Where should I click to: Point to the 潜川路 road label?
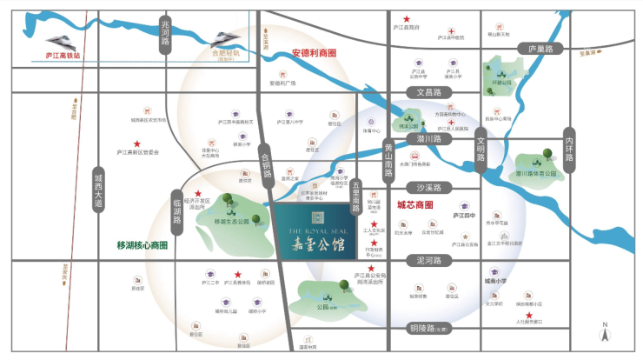click(x=429, y=138)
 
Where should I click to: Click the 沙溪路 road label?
click(x=429, y=187)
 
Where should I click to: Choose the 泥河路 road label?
click(x=429, y=260)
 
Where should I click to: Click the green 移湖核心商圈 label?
click(x=142, y=245)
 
